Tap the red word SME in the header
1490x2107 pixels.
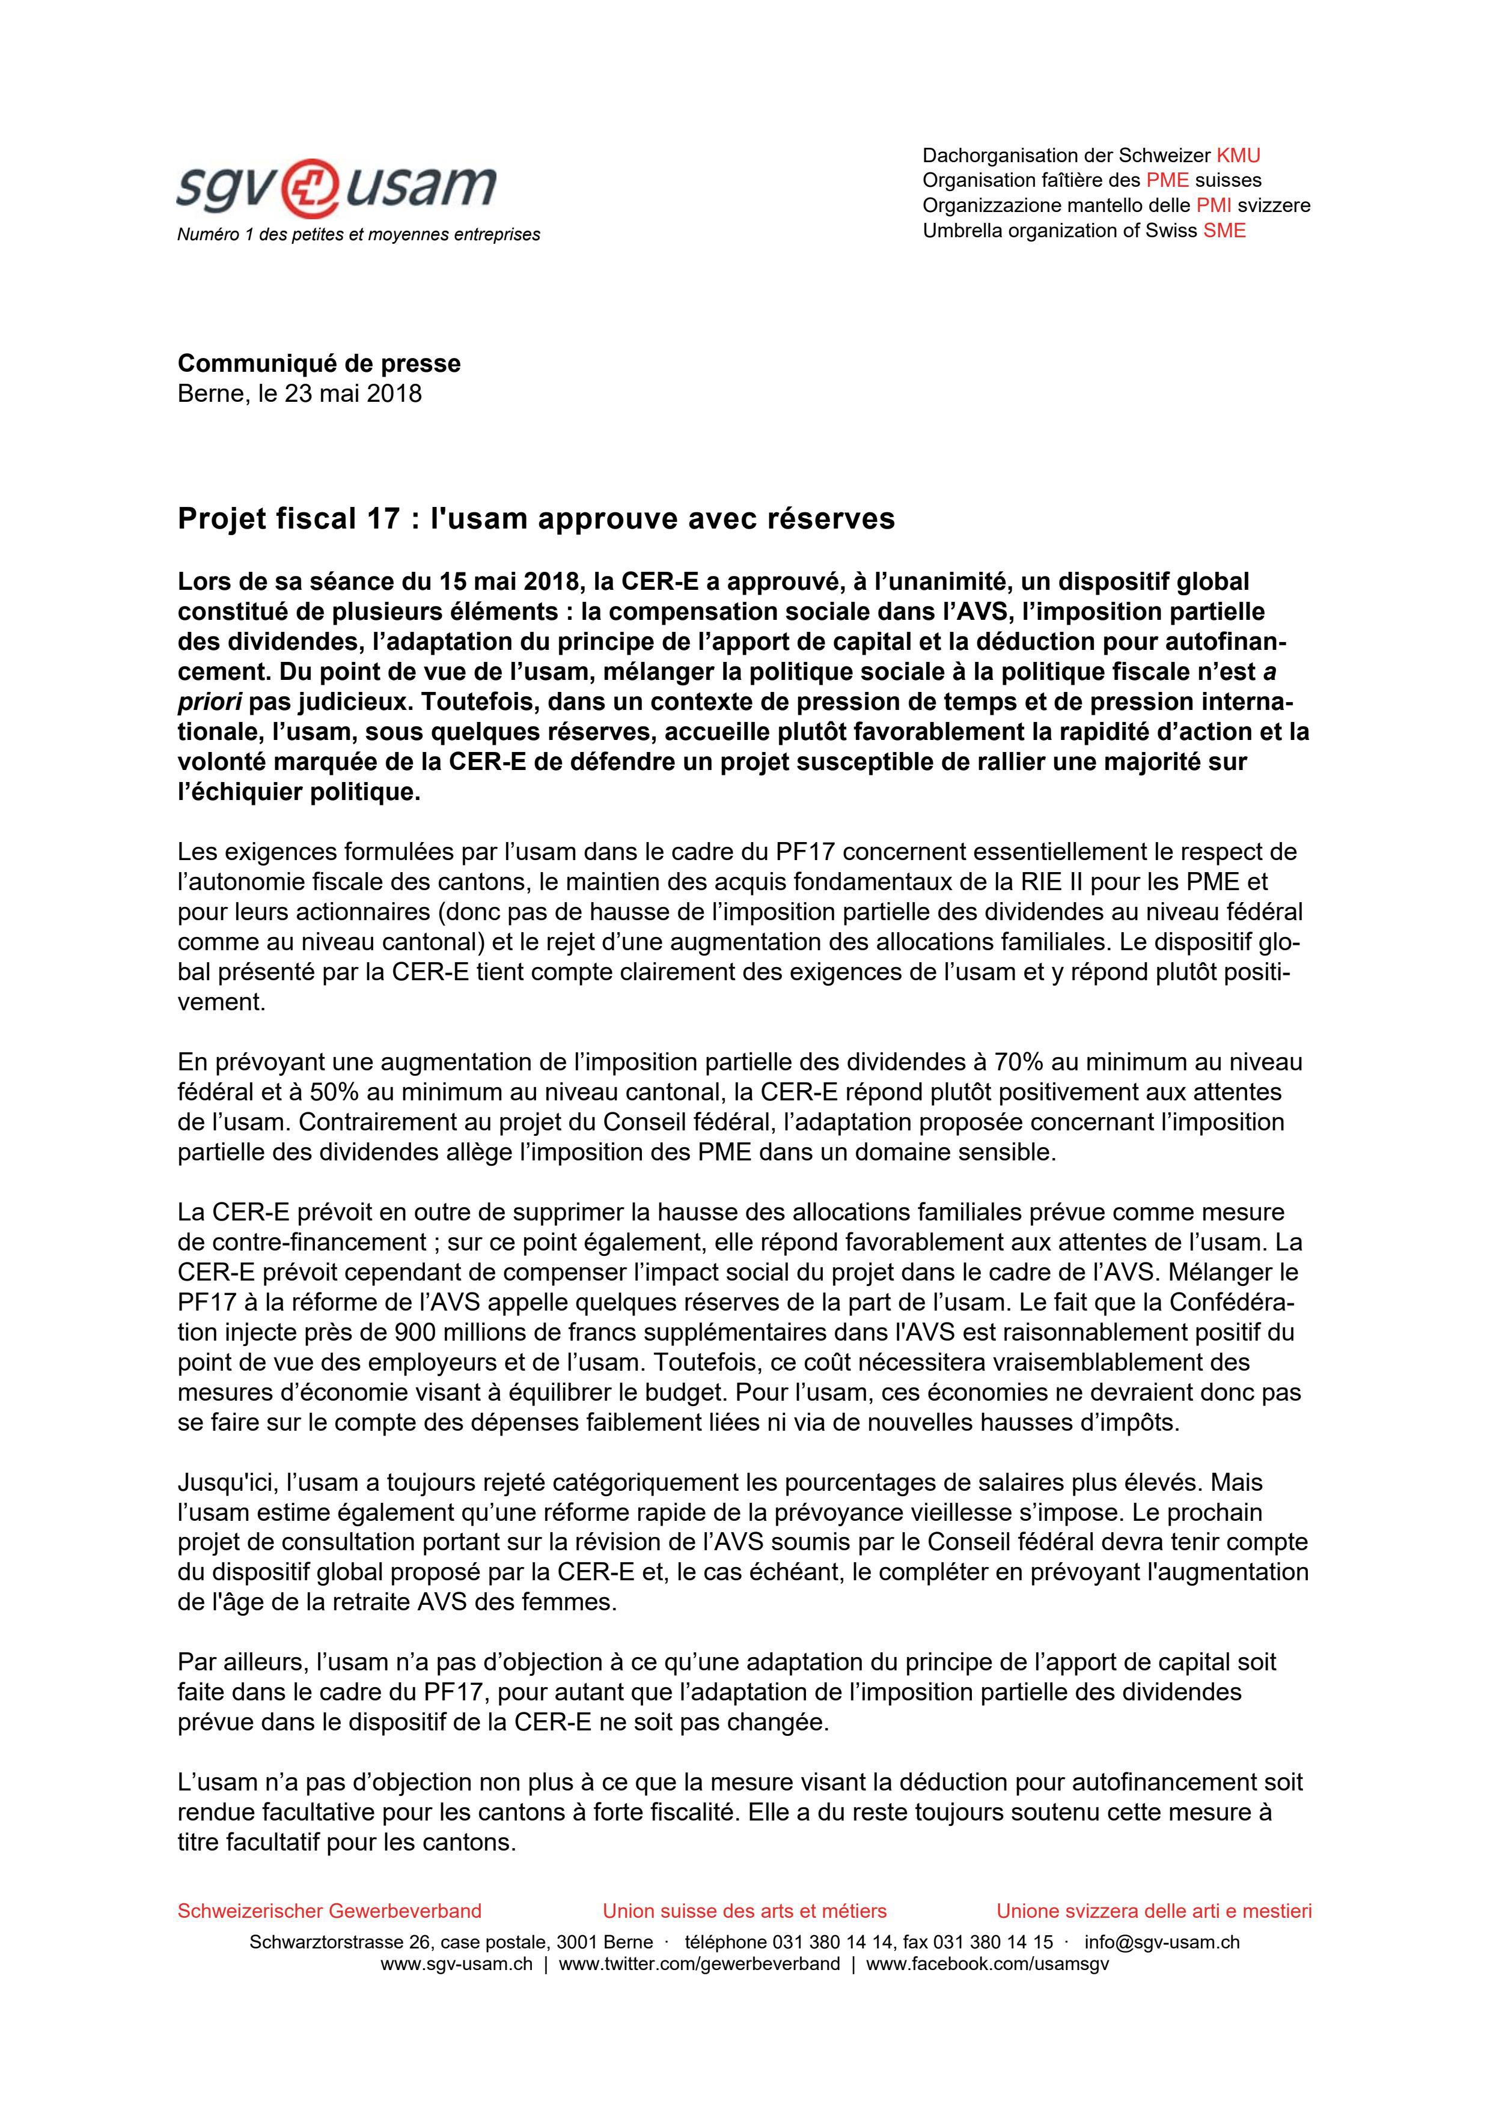pos(1225,230)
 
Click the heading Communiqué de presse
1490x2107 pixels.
pos(319,363)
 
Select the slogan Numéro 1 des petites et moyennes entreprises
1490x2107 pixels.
pos(358,235)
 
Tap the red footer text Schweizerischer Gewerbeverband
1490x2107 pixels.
pos(329,1912)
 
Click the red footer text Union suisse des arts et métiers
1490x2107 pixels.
pos(745,1912)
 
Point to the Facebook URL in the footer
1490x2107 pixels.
pos(987,1964)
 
